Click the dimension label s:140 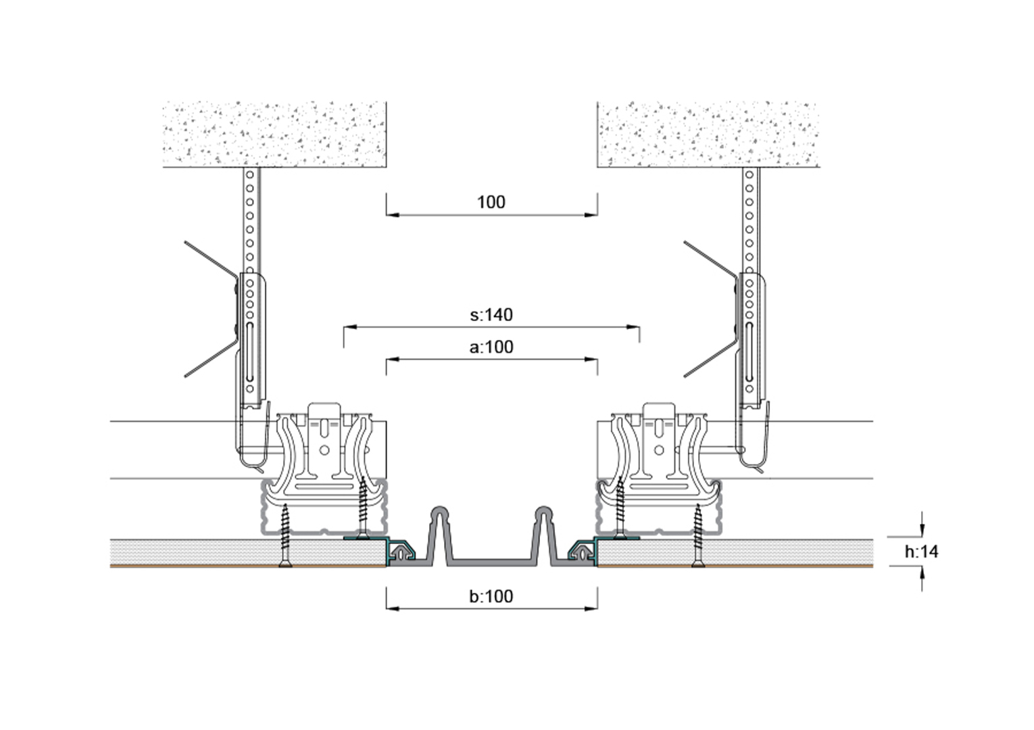point(491,315)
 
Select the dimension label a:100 point(491,347)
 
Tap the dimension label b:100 point(491,597)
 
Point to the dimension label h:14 point(921,552)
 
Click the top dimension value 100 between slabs point(491,202)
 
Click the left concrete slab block point(274,134)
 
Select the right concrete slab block point(708,134)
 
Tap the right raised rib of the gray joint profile point(544,535)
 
